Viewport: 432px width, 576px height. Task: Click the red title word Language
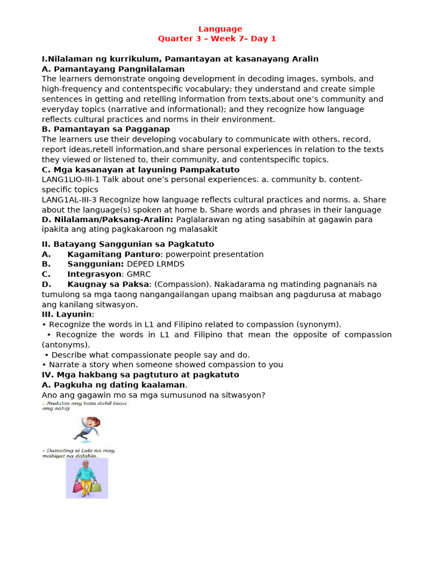click(220, 29)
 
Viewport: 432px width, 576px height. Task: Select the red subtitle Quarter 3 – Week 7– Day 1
click(217, 39)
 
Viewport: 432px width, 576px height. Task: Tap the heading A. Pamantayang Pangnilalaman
click(113, 69)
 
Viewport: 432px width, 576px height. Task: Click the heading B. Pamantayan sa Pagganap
click(106, 129)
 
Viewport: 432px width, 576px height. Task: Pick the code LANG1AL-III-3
click(70, 200)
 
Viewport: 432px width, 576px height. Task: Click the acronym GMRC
click(138, 274)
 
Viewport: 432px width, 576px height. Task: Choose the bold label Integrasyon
click(94, 274)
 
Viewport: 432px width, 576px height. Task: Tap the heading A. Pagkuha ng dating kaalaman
click(113, 385)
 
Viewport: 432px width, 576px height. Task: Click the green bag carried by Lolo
click(96, 487)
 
